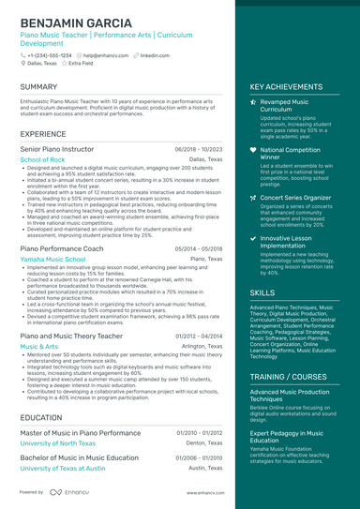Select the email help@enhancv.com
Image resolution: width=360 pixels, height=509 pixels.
(x=103, y=55)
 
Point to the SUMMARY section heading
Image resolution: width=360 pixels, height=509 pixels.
(x=38, y=86)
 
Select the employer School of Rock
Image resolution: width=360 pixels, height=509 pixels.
(x=42, y=160)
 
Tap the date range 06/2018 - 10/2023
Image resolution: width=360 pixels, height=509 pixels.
(x=199, y=149)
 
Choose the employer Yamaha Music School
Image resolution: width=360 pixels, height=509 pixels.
(x=52, y=259)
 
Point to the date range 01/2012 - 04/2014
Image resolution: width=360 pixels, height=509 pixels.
(x=199, y=336)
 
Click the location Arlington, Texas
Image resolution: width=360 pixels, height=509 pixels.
(x=202, y=346)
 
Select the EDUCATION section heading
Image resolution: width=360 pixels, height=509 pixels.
(x=40, y=417)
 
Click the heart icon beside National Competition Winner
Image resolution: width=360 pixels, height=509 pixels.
(x=253, y=150)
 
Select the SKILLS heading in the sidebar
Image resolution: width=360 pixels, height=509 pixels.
(x=262, y=292)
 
